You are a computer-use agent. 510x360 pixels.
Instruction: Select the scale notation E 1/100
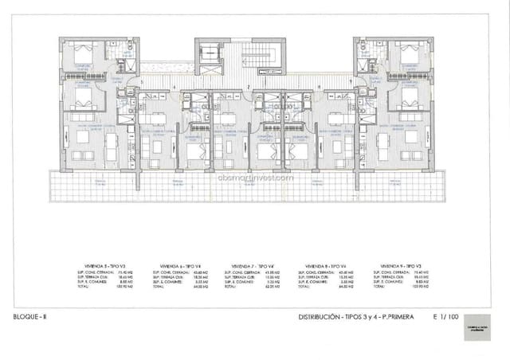tap(447, 316)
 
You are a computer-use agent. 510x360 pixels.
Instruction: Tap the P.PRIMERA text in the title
tap(396, 316)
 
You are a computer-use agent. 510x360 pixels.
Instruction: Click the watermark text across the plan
tap(255, 177)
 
